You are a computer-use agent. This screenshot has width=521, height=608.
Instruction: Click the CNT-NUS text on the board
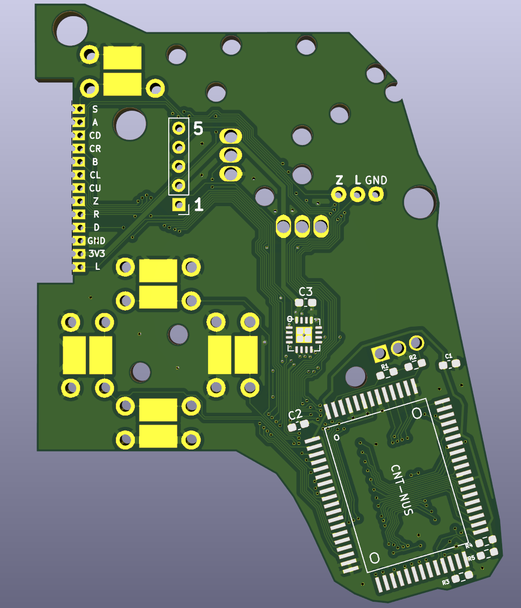click(402, 490)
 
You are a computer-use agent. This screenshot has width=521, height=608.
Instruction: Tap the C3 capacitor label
click(306, 292)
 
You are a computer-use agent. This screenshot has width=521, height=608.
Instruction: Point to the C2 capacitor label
click(295, 414)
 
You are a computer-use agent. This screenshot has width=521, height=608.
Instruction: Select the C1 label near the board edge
click(448, 356)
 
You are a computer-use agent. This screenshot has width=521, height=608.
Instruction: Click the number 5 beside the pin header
click(198, 128)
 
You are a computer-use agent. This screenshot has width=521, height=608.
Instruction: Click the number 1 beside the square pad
click(199, 205)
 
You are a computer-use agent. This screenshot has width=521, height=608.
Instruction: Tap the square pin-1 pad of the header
click(179, 205)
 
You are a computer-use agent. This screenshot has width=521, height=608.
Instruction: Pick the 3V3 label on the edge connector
click(97, 254)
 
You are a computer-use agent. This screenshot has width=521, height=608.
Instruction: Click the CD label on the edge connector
click(95, 135)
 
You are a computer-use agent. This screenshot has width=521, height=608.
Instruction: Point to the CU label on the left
click(95, 188)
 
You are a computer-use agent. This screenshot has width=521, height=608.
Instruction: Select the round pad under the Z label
click(339, 194)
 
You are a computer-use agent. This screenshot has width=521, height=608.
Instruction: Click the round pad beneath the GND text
click(376, 194)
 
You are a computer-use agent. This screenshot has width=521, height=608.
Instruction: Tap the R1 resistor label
click(385, 366)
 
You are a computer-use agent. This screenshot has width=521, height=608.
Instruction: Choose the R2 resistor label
click(412, 357)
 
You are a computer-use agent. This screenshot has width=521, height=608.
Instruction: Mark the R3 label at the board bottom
click(446, 582)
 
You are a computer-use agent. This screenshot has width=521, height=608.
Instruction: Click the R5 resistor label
click(471, 558)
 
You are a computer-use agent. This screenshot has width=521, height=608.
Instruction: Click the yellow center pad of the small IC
click(304, 335)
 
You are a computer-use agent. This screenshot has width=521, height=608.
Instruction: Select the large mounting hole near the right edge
click(420, 202)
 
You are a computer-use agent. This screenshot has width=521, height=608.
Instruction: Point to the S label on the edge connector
click(95, 110)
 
